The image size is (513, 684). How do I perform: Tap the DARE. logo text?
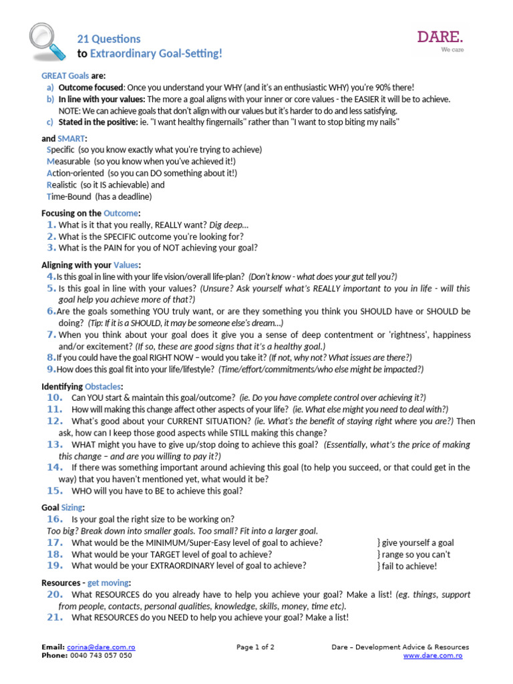coord(440,36)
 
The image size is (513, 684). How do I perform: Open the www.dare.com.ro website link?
coord(432,655)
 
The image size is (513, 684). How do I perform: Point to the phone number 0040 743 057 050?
coord(101,655)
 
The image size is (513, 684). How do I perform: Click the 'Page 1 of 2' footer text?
coord(255,647)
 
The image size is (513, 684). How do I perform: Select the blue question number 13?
coord(55,444)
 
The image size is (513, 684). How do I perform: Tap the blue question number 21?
coord(55,617)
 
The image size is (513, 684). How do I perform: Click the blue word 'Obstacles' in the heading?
coord(104,386)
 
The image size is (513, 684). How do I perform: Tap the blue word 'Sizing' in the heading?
coord(72,508)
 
